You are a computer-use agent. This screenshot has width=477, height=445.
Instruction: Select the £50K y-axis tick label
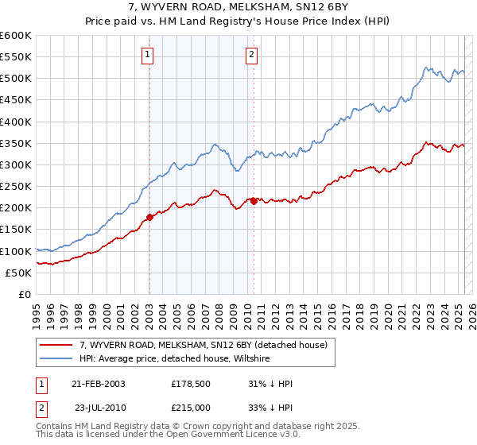(x=19, y=273)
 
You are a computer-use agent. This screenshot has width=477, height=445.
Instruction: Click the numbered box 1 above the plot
(x=149, y=55)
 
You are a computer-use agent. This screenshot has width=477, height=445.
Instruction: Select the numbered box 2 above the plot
(x=251, y=55)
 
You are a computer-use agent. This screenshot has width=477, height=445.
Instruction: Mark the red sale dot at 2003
(x=149, y=217)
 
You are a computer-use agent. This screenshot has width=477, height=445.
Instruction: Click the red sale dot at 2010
(x=254, y=201)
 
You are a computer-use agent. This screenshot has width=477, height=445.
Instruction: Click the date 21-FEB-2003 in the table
(x=99, y=384)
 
